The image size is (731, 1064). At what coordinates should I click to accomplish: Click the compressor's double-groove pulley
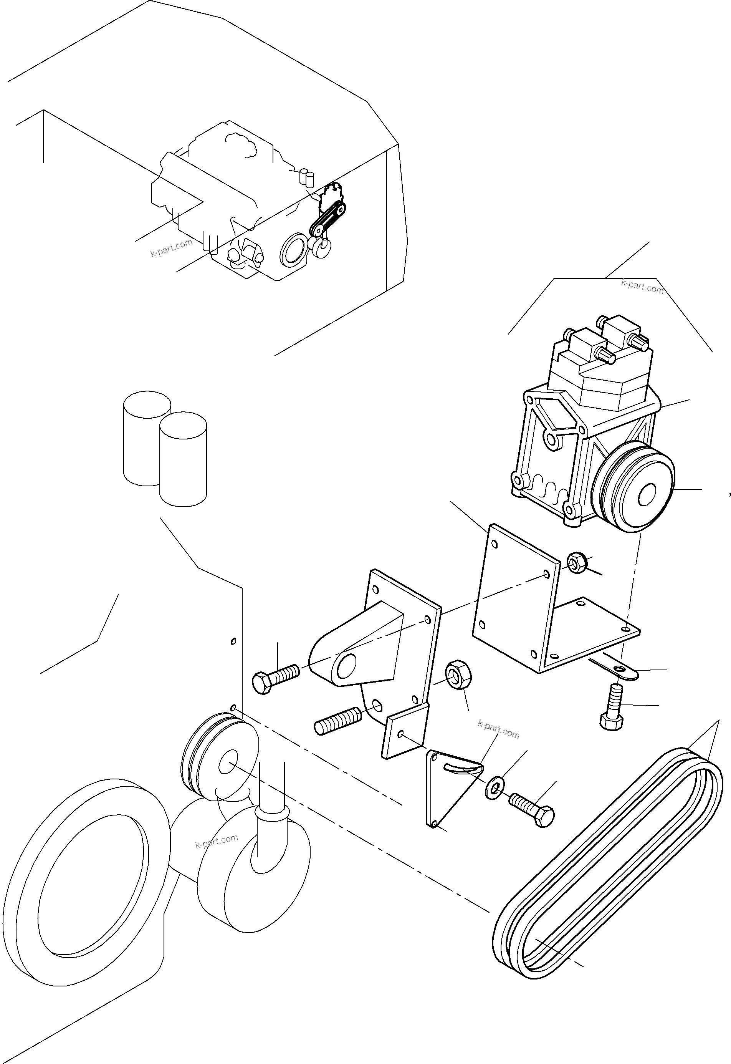pyautogui.click(x=637, y=489)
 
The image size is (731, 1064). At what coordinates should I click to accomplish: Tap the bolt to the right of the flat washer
pyautogui.click(x=534, y=810)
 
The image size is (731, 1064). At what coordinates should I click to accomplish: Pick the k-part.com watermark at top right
pyautogui.click(x=642, y=287)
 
